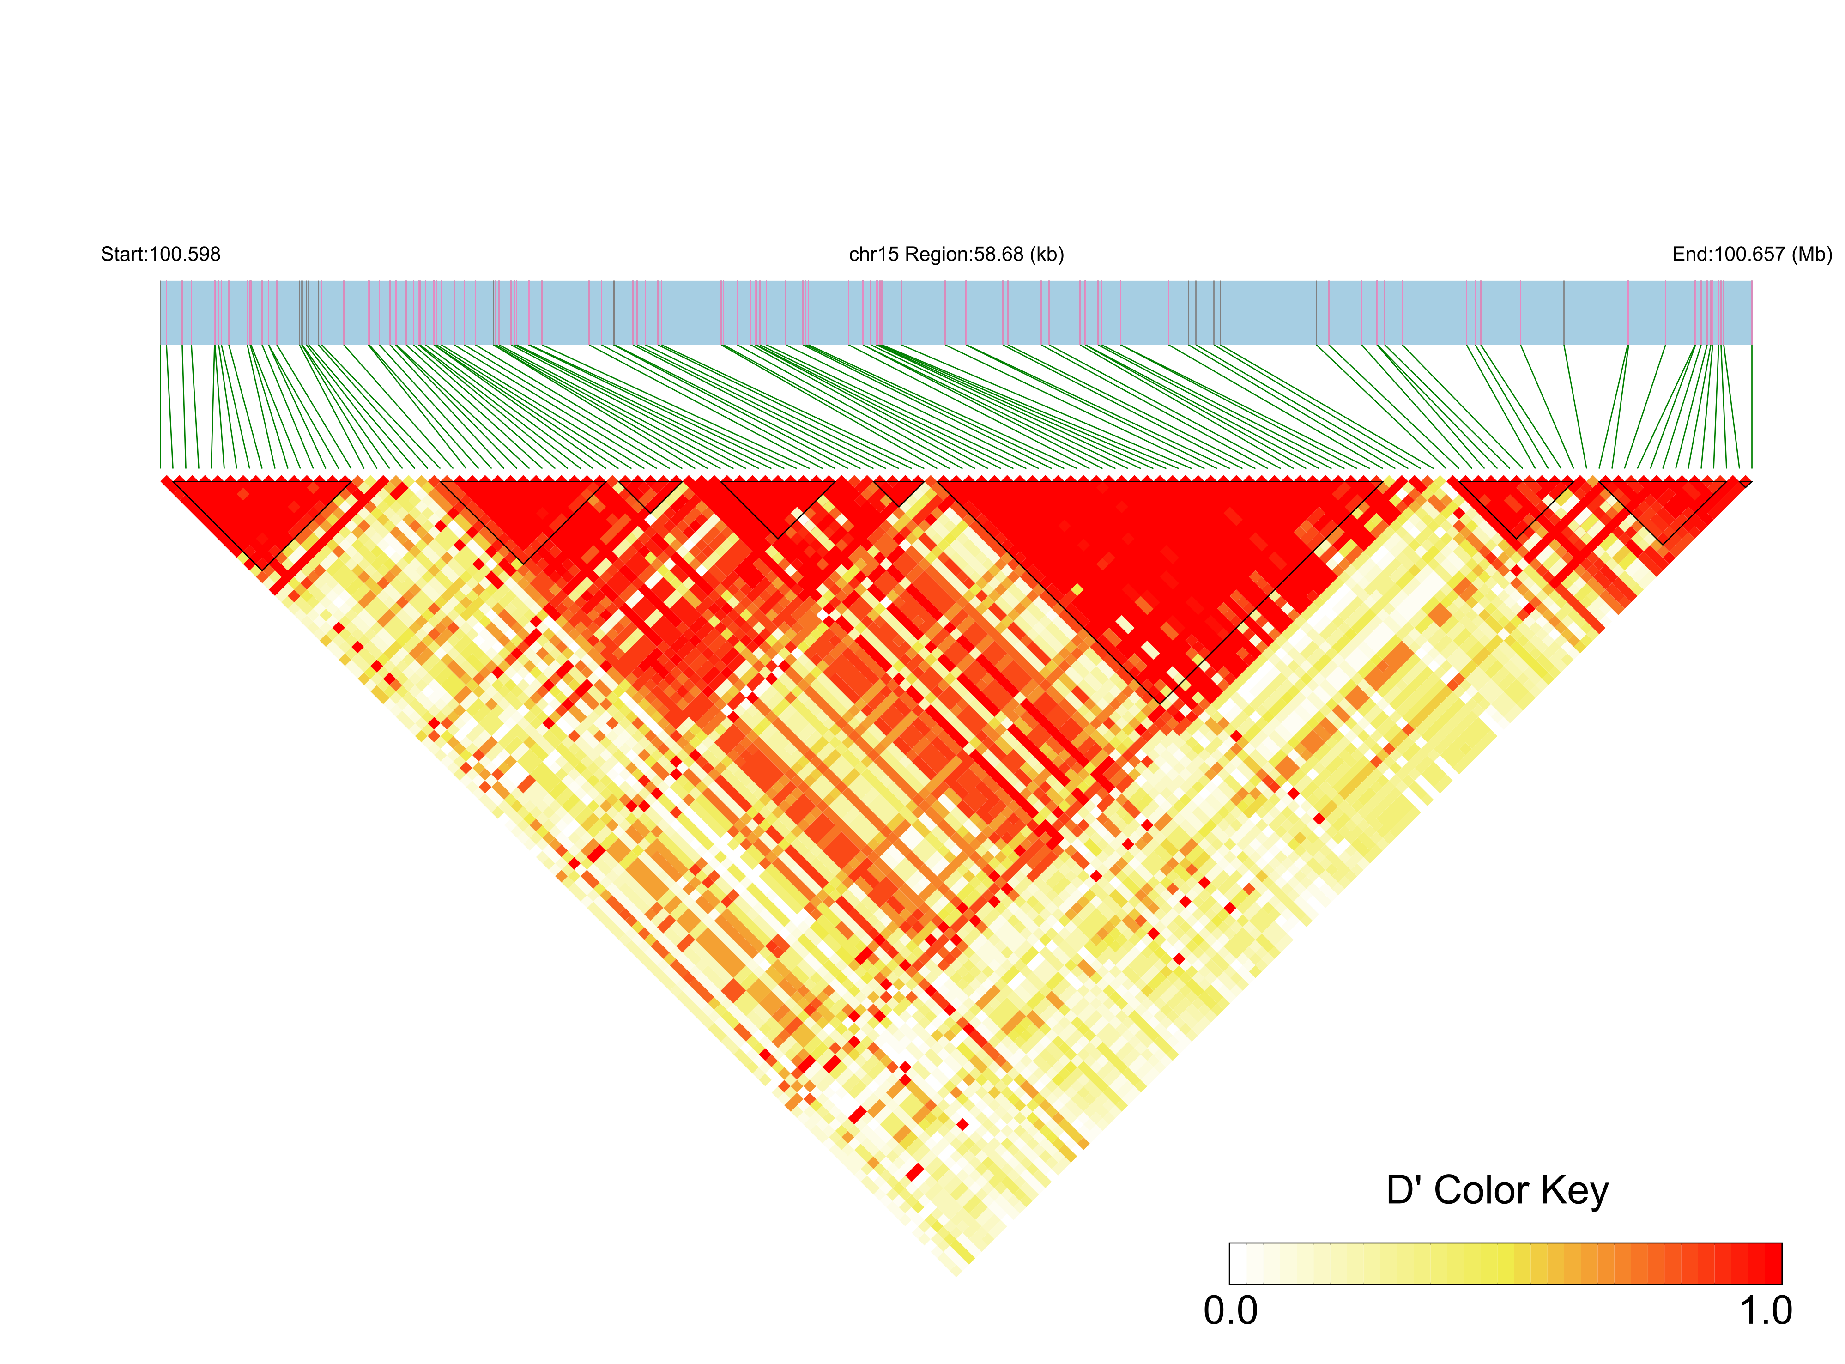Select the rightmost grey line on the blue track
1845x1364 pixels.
point(1563,312)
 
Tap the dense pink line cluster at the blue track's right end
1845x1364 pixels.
point(1711,312)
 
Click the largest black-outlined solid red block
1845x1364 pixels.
point(1155,562)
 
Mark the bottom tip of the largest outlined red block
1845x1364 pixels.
point(1162,702)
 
